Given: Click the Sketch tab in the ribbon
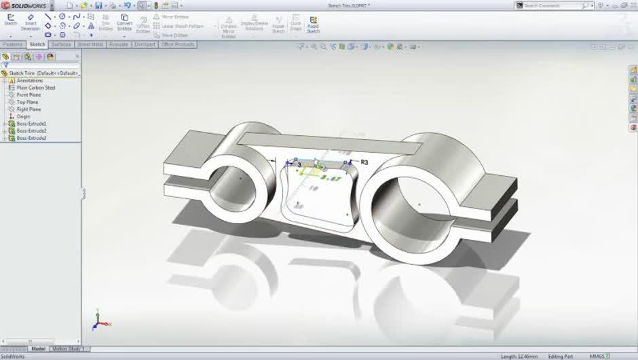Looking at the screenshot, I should pos(37,45).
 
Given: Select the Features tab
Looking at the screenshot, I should pos(13,45).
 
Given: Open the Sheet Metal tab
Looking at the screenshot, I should pos(90,45).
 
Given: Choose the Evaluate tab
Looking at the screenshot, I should pos(118,45).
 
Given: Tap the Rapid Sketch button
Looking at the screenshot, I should pos(313,24).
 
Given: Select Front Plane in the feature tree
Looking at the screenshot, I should pos(29,95).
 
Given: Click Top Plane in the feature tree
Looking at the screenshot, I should pos(27,102).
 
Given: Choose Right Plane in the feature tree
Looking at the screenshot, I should pos(29,109).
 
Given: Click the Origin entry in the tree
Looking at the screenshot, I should pos(23,117).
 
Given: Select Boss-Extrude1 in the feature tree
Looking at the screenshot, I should pos(31,124).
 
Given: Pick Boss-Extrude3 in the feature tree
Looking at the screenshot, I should pos(31,138).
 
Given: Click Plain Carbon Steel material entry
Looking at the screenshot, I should pos(36,88).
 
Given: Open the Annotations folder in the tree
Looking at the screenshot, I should pos(29,81).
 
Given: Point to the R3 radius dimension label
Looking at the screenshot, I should pos(364,162).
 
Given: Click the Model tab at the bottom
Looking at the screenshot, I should pos(38,349).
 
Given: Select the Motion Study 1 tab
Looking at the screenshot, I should pos(67,349).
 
